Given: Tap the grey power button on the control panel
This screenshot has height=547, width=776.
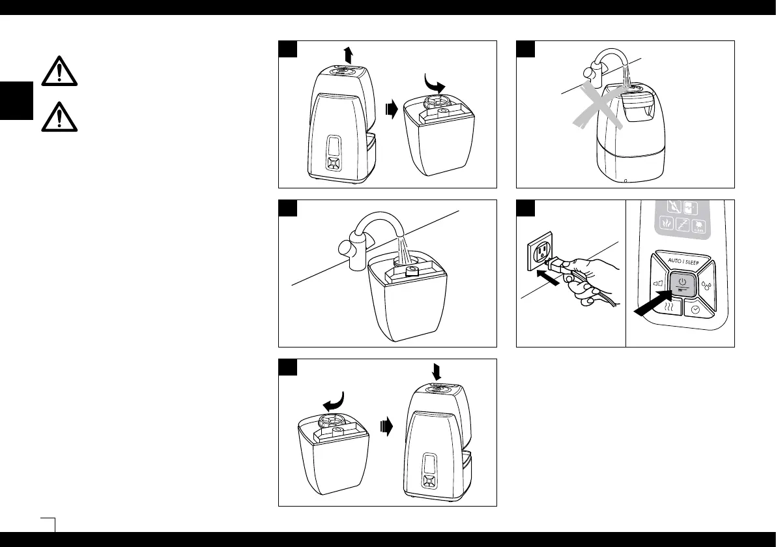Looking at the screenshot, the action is point(681,286).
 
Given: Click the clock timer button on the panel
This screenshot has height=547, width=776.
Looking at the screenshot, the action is point(696,311).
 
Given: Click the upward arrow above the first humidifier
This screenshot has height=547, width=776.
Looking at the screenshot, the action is point(349,53).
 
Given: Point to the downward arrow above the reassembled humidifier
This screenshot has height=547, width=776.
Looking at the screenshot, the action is point(436,370).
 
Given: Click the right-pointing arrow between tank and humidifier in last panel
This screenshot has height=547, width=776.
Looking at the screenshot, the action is point(387,426).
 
